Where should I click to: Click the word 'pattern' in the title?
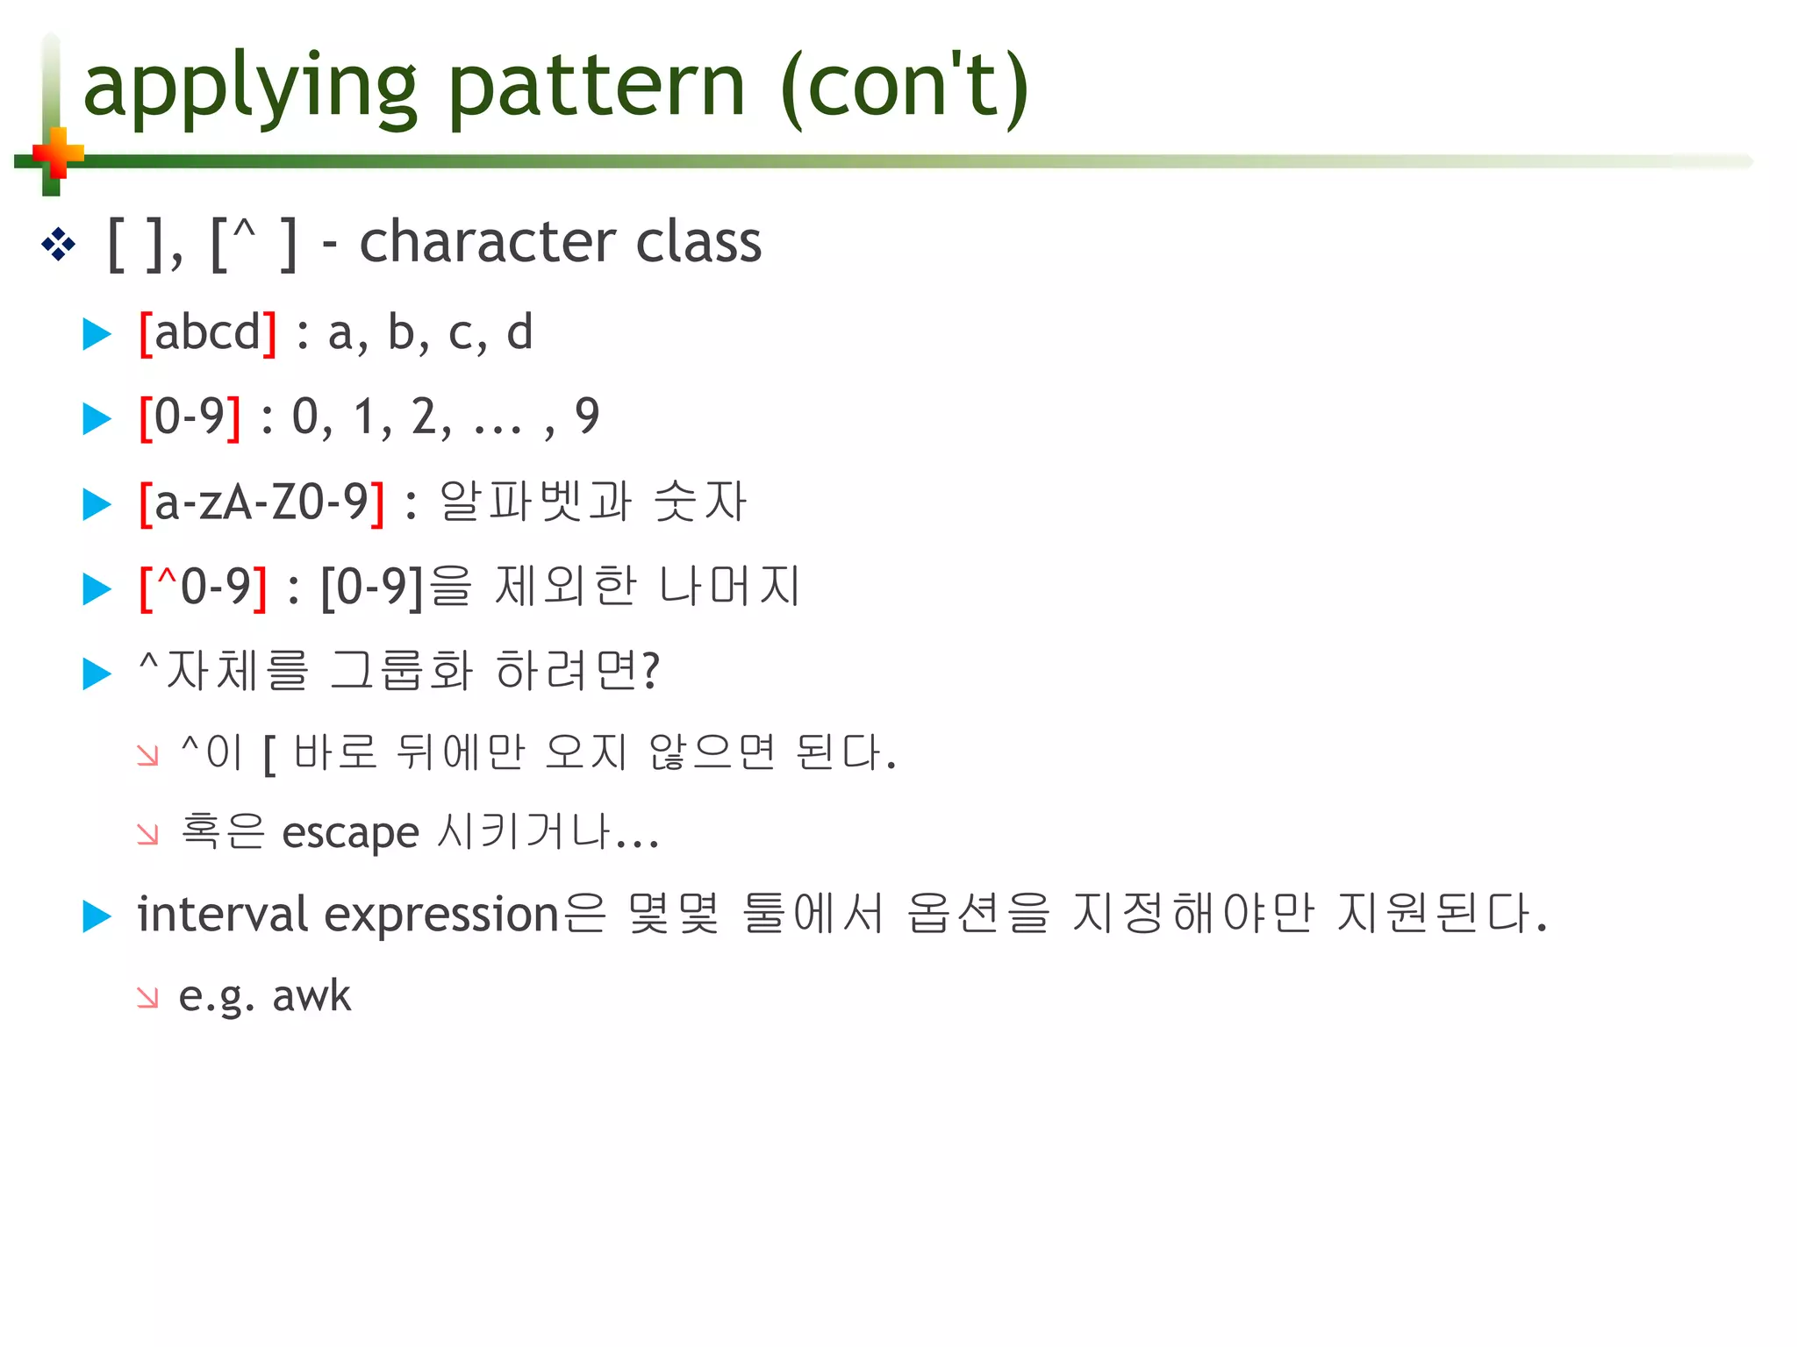pos(596,88)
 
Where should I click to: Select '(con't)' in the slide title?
pos(904,88)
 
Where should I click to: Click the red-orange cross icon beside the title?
pos(58,154)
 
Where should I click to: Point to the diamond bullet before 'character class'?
pos(58,244)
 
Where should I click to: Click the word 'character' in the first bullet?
pos(487,242)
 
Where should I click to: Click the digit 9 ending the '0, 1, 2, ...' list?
pos(586,417)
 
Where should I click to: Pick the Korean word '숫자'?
pos(699,502)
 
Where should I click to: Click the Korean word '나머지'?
pos(729,587)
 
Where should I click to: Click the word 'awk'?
pos(311,996)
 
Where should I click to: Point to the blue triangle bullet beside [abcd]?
pos(97,334)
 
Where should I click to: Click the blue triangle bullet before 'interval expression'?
pos(97,916)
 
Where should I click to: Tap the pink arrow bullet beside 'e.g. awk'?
pos(148,998)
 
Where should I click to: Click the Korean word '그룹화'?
pos(402,672)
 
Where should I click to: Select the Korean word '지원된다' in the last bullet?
pos(1440,915)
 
